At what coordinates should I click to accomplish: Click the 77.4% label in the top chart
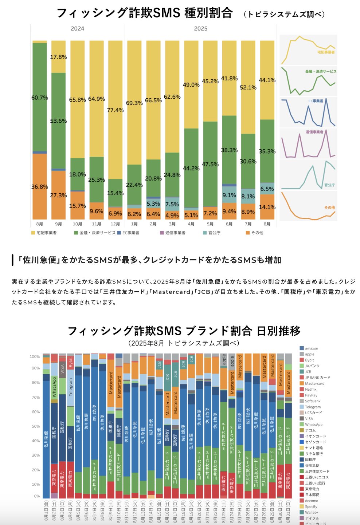tap(115, 110)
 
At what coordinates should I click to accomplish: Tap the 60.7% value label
tap(39, 98)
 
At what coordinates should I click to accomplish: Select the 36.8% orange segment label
tap(39, 187)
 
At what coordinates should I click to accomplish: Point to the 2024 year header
tap(77, 28)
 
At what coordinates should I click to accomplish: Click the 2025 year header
tap(200, 28)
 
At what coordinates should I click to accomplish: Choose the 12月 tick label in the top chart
tap(115, 224)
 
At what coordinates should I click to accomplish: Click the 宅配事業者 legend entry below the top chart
tap(46, 233)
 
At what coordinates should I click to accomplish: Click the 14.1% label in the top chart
tap(267, 207)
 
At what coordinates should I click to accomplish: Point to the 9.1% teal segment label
tap(229, 195)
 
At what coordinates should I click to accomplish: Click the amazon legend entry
tap(311, 348)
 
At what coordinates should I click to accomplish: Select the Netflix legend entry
tap(310, 390)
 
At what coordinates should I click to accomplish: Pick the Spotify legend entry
tap(311, 506)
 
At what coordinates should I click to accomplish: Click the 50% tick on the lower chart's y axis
tap(35, 426)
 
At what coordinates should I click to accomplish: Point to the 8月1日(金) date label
tap(46, 510)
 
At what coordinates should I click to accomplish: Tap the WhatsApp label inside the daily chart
tap(54, 387)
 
